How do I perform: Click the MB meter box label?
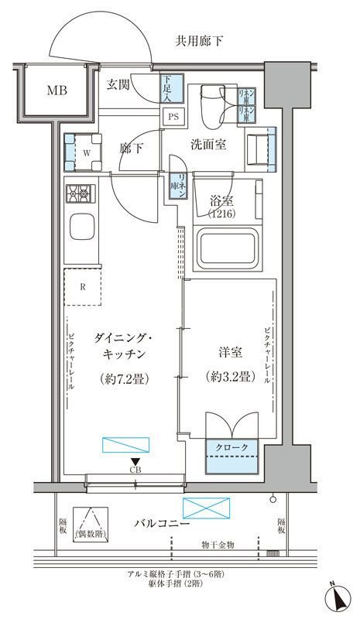[56, 91]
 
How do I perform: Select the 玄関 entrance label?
[118, 84]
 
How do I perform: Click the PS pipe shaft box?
[173, 117]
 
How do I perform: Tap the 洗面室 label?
[209, 145]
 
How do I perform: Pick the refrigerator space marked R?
[83, 286]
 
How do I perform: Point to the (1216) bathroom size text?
[221, 214]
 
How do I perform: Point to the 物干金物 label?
[217, 545]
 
